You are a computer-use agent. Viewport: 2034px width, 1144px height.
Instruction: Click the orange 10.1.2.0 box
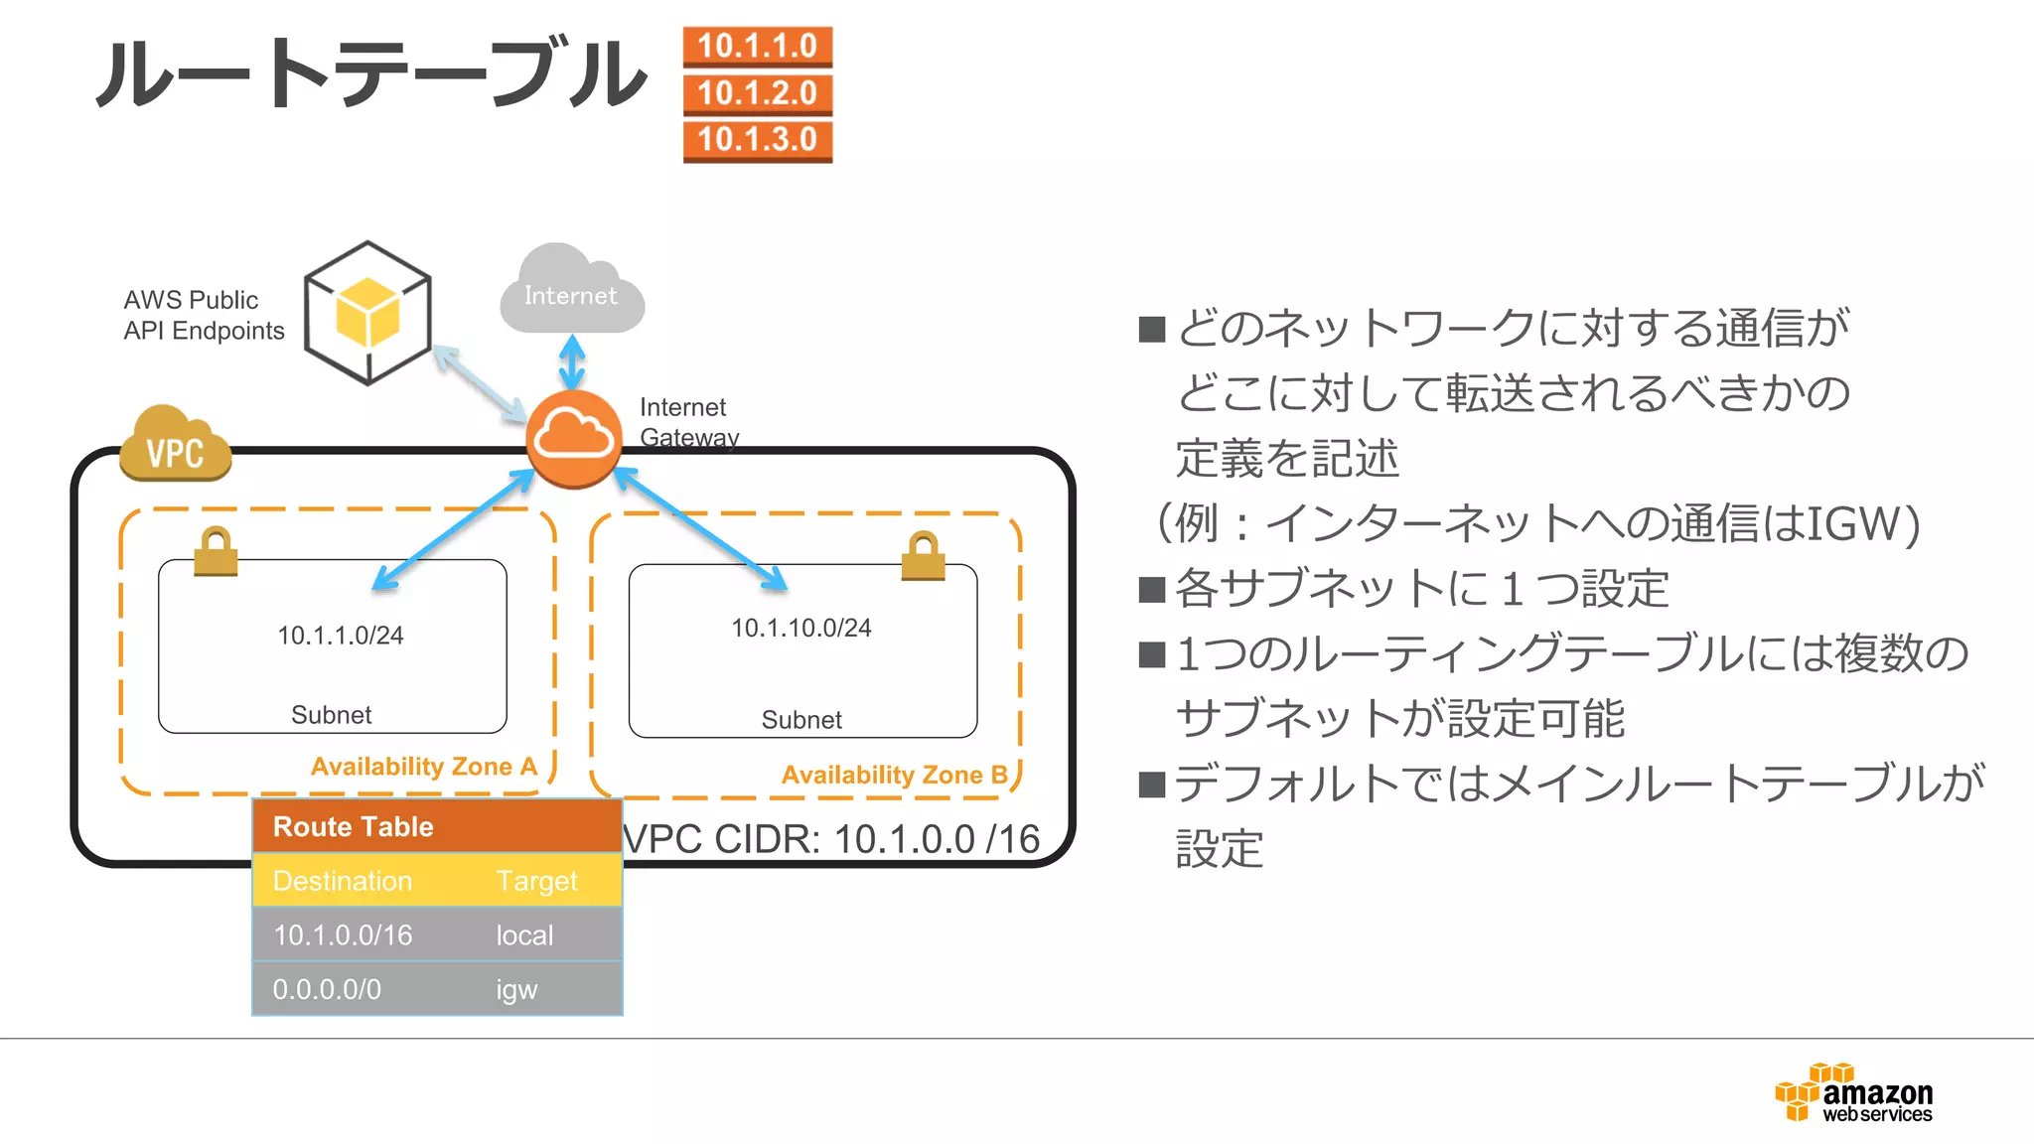(757, 93)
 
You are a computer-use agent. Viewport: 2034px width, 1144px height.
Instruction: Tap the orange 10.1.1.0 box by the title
(757, 47)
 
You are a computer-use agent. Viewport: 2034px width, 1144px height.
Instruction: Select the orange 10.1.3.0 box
(757, 140)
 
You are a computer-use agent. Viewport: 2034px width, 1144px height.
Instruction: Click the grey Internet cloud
(571, 293)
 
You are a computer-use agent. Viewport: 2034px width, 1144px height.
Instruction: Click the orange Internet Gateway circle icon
(573, 438)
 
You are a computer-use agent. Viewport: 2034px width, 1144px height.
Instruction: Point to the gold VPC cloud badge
(175, 446)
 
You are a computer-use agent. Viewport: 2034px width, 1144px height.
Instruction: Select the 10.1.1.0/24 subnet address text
(340, 636)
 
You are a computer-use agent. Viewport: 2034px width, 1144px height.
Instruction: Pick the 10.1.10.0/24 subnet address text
(800, 628)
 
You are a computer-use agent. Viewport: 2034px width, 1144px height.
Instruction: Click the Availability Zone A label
(423, 767)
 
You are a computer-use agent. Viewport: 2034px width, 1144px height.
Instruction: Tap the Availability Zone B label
(894, 775)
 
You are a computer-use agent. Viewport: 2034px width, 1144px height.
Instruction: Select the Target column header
(536, 881)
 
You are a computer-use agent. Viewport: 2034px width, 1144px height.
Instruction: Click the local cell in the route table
(524, 935)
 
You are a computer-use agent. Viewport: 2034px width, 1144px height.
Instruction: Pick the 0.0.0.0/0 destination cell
(327, 989)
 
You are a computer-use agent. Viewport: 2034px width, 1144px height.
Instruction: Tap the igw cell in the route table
(516, 989)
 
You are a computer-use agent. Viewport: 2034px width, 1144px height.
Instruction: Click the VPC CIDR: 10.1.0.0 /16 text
(832, 839)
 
